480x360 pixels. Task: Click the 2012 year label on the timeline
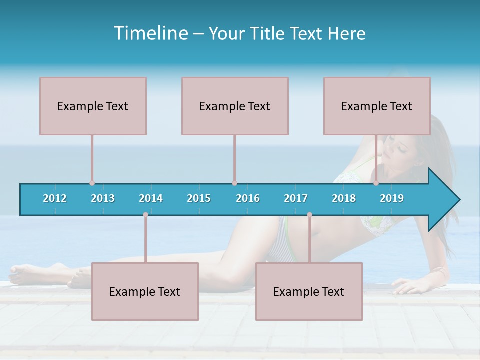[x=55, y=198]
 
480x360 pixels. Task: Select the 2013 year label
[x=103, y=198]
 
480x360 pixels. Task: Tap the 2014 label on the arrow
[x=151, y=198]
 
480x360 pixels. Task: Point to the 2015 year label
[x=199, y=198]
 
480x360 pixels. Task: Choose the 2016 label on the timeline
[x=248, y=198]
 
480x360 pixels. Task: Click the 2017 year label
[x=296, y=198]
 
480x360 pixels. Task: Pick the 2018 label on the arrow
[x=344, y=198]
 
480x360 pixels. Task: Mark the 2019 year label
[x=392, y=198]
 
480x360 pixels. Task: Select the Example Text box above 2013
[x=93, y=106]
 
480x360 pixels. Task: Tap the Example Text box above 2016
[x=235, y=106]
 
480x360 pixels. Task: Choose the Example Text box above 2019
[x=377, y=106]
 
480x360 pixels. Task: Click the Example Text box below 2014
[x=145, y=291]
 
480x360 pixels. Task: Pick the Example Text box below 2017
[x=309, y=291]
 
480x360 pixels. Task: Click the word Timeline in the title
[x=150, y=33]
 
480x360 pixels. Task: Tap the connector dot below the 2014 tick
[x=145, y=215]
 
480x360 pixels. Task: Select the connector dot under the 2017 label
[x=309, y=215]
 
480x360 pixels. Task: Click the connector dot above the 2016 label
[x=234, y=183]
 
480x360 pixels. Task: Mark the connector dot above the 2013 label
[x=92, y=183]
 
